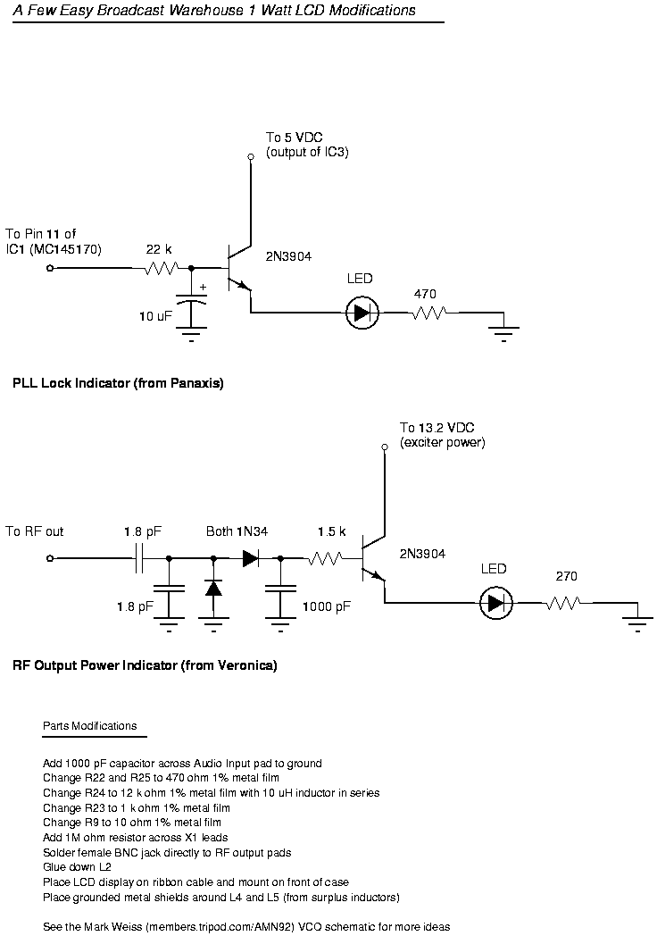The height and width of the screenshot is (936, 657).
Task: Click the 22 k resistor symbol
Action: pyautogui.click(x=161, y=268)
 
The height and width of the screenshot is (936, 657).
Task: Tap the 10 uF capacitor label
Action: pyautogui.click(x=155, y=316)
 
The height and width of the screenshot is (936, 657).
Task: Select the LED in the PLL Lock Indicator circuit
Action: pyautogui.click(x=362, y=313)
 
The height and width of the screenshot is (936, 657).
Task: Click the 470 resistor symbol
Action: pyautogui.click(x=428, y=313)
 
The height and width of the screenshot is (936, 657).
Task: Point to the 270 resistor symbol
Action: pyautogui.click(x=561, y=603)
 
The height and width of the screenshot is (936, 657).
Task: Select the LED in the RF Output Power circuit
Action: pyautogui.click(x=496, y=603)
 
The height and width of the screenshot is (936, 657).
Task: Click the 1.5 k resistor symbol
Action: pyautogui.click(x=325, y=559)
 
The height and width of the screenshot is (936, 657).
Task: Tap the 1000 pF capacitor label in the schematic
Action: pyautogui.click(x=327, y=607)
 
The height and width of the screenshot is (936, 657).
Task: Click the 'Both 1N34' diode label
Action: pyautogui.click(x=237, y=531)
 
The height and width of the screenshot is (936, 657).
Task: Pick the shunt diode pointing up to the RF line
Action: pyautogui.click(x=213, y=588)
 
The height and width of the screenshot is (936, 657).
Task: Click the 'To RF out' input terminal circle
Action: pyautogui.click(x=50, y=559)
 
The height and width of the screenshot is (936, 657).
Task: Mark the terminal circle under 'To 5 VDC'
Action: pyautogui.click(x=251, y=157)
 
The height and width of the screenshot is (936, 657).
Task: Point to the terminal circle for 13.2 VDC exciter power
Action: pyautogui.click(x=385, y=447)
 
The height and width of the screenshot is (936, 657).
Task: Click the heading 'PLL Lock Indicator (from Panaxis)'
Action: pyautogui.click(x=118, y=383)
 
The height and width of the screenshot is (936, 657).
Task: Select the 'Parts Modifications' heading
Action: pyautogui.click(x=89, y=726)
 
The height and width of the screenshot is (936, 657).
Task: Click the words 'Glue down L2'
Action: pyautogui.click(x=77, y=867)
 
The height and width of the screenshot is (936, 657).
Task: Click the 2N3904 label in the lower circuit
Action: pyautogui.click(x=422, y=554)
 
